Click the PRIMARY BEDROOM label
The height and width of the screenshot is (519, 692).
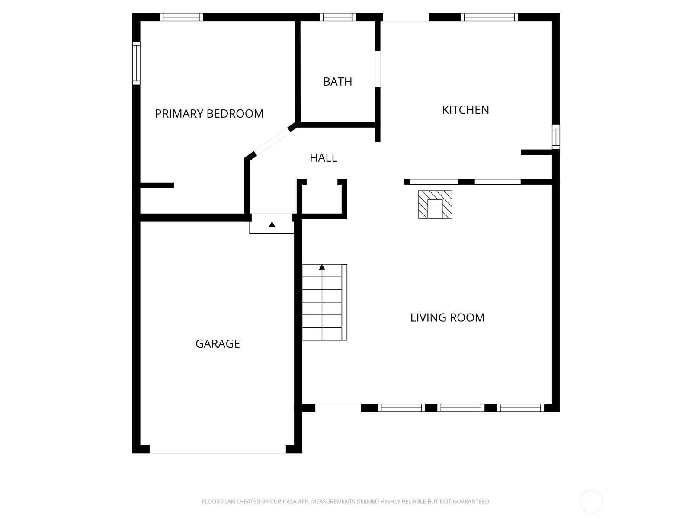(x=209, y=113)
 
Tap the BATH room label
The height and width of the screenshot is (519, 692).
(x=337, y=82)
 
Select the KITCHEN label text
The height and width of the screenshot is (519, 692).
(x=465, y=110)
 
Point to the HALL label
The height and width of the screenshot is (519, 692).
(x=323, y=157)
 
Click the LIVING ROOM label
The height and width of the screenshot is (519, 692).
(x=447, y=317)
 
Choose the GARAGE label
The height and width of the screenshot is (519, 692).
(x=218, y=343)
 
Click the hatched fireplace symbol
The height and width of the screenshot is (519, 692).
(x=435, y=205)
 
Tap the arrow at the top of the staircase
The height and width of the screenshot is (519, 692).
(x=322, y=267)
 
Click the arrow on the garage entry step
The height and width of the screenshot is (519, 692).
(x=272, y=224)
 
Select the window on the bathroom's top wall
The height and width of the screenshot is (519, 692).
(x=338, y=17)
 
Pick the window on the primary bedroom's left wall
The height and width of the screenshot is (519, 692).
(x=136, y=63)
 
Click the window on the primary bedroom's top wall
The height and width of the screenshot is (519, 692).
(x=181, y=17)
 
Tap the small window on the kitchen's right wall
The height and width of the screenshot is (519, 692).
(x=556, y=137)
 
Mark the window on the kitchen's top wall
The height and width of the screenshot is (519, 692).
(x=489, y=17)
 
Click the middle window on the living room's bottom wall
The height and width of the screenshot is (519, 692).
(x=461, y=408)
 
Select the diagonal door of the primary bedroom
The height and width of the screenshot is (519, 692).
(x=272, y=142)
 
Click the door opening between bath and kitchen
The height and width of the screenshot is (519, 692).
(x=378, y=69)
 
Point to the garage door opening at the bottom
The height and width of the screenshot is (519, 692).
(x=218, y=449)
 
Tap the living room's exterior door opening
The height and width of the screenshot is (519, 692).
(x=338, y=408)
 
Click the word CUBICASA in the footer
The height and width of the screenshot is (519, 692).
(x=283, y=501)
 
